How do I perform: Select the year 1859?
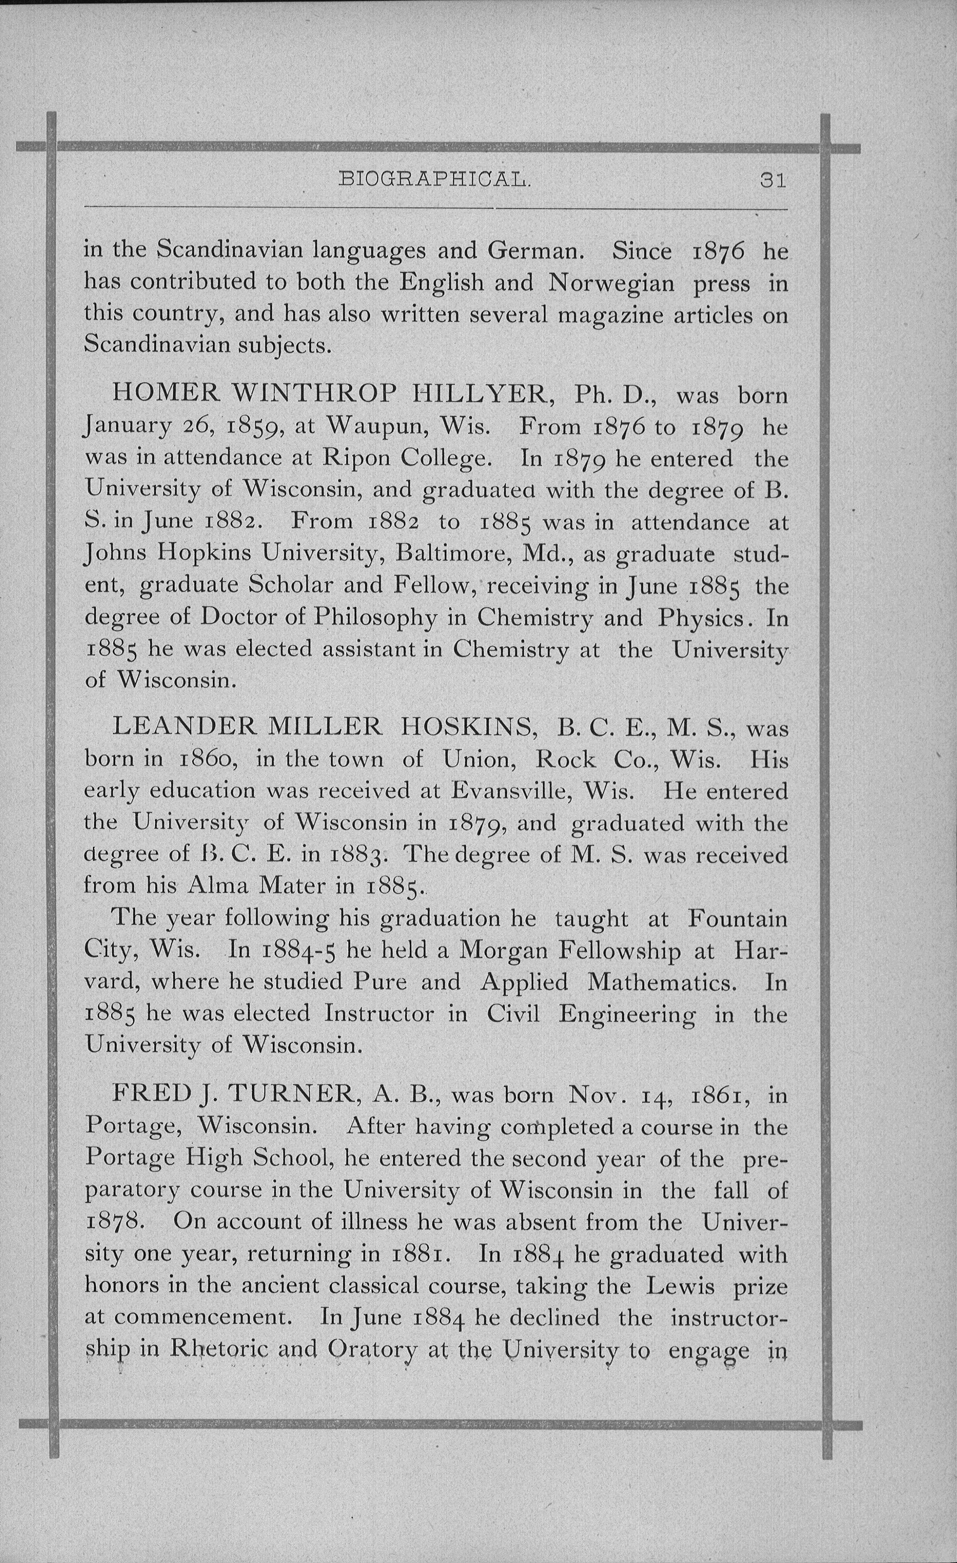pos(251,426)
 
